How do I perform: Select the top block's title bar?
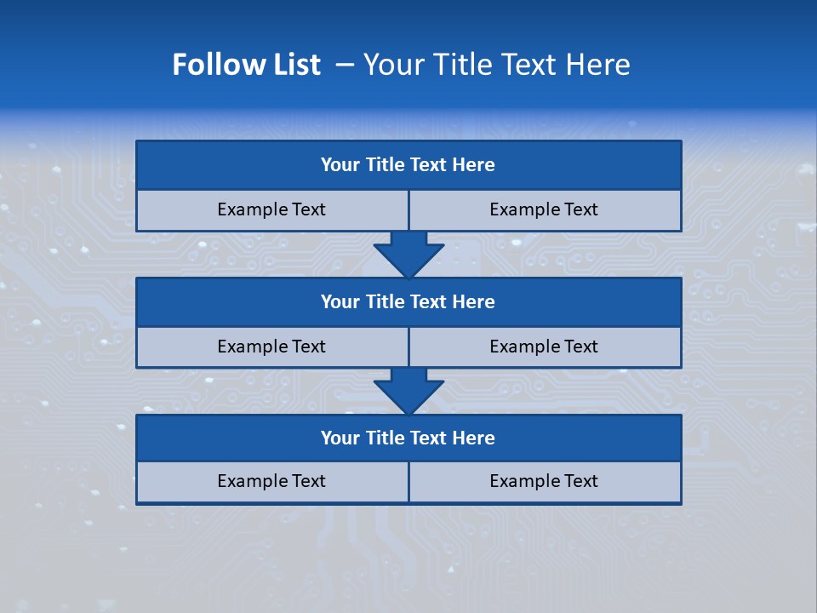click(x=408, y=165)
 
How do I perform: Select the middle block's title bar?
click(x=408, y=302)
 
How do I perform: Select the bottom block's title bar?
click(x=408, y=438)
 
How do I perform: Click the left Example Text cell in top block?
click(x=272, y=209)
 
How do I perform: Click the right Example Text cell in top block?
click(x=545, y=209)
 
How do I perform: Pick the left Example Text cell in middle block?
click(x=272, y=347)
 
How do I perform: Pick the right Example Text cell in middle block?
click(x=545, y=347)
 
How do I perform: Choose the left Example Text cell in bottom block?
click(x=272, y=481)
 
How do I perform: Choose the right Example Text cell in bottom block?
click(x=545, y=481)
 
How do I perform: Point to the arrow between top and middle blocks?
click(x=408, y=254)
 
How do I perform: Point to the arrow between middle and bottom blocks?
click(x=408, y=391)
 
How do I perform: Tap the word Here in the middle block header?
click(x=474, y=302)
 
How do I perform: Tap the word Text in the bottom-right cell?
click(x=580, y=481)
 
